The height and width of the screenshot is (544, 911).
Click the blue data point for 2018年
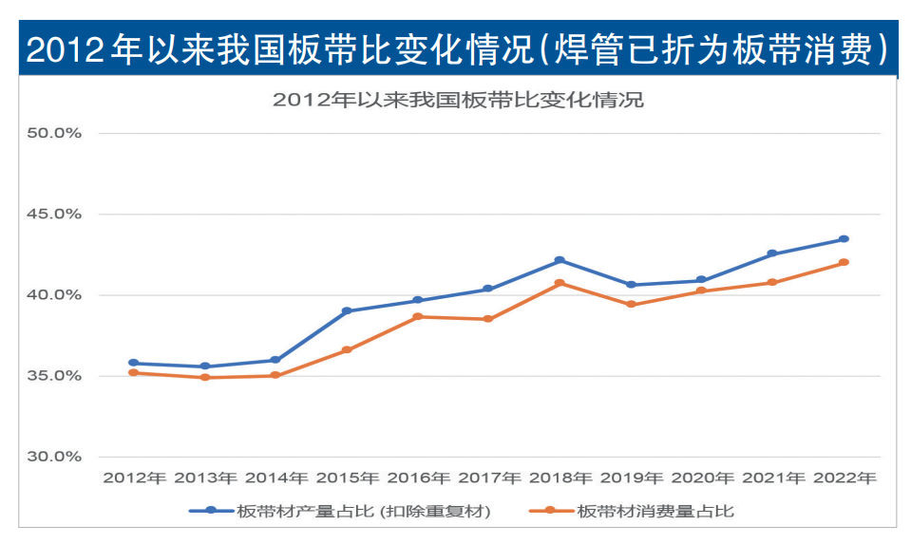tap(560, 260)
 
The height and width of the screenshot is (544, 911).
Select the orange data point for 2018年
tap(560, 283)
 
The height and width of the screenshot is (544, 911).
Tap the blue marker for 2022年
tap(844, 239)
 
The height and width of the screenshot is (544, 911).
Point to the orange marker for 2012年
tap(134, 372)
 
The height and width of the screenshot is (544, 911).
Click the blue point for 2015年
tap(347, 310)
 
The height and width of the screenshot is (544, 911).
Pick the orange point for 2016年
tap(418, 316)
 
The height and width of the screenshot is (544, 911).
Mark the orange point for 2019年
tap(631, 304)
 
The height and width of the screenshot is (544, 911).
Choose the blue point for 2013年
tap(205, 366)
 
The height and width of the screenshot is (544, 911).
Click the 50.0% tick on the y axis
tap(54, 133)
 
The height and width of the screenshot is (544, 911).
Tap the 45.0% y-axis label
tap(54, 215)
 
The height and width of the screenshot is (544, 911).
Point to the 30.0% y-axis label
tap(54, 457)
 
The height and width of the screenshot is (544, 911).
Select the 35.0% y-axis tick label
tap(54, 376)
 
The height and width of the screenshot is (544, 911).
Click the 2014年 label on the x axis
tap(276, 478)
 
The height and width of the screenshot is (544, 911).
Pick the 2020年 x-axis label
tap(702, 478)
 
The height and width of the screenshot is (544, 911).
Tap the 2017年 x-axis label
tap(489, 478)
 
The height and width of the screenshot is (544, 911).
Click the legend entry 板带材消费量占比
tap(655, 511)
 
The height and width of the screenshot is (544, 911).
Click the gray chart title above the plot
tap(457, 100)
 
